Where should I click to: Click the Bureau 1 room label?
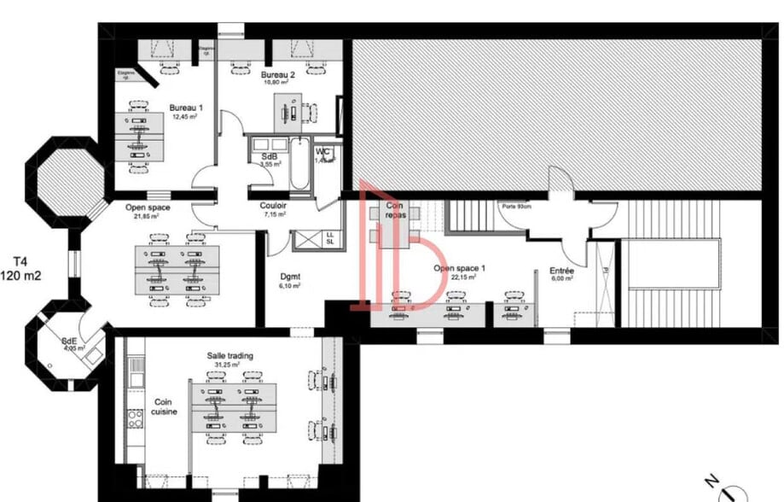pyautogui.click(x=186, y=108)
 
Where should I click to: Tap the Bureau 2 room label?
pyautogui.click(x=278, y=75)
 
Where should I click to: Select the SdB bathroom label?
pyautogui.click(x=269, y=156)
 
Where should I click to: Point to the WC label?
pyautogui.click(x=322, y=153)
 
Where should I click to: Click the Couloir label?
pyautogui.click(x=273, y=206)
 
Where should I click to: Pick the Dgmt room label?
pyautogui.click(x=290, y=276)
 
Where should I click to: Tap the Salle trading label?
pyautogui.click(x=229, y=355)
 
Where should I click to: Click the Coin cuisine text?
pyautogui.click(x=165, y=406)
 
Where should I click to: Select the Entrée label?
pyautogui.click(x=560, y=271)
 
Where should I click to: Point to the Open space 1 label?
pyautogui.click(x=459, y=268)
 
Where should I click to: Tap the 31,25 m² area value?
pyautogui.click(x=227, y=365)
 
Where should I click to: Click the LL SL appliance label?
pyautogui.click(x=329, y=238)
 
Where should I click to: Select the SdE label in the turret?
pyautogui.click(x=69, y=342)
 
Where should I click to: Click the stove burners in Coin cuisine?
pyautogui.click(x=135, y=418)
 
